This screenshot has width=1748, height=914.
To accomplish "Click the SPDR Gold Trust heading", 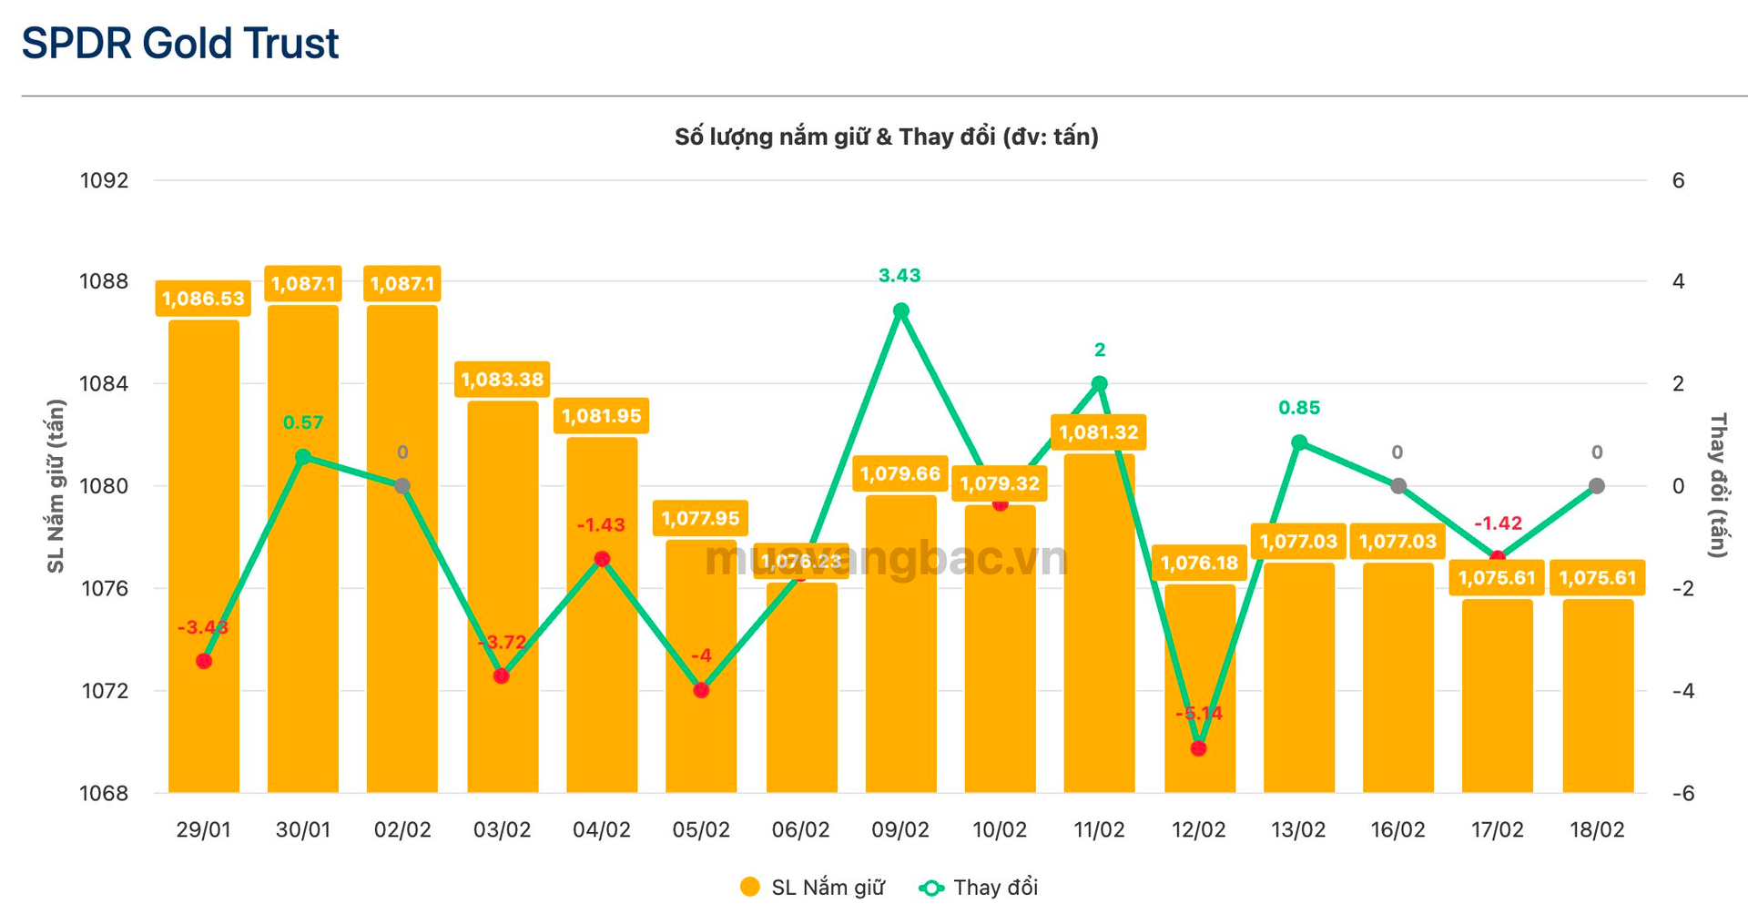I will (x=180, y=44).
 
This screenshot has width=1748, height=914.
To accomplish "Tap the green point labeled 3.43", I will (x=900, y=311).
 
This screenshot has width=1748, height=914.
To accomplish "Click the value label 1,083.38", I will (x=502, y=380).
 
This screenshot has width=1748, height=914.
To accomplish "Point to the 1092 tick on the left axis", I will (x=105, y=180).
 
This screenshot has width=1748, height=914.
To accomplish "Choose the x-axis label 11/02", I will (x=1099, y=830).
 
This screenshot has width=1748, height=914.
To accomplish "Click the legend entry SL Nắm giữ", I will (x=812, y=888).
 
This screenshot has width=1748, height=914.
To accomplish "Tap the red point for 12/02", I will (x=1199, y=748).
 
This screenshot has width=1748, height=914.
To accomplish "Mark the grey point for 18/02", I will (x=1597, y=486).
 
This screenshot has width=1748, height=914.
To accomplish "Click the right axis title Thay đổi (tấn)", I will (x=1718, y=485).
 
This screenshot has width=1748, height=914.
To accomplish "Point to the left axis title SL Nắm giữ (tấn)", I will (x=56, y=486).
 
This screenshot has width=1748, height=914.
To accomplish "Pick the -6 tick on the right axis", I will (x=1683, y=793).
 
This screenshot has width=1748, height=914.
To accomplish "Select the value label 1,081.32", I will (x=1099, y=432).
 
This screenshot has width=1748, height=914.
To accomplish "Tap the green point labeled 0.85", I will (x=1299, y=443).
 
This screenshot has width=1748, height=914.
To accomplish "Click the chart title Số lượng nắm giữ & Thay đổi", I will (x=886, y=137).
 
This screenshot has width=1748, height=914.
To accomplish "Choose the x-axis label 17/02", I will (x=1497, y=830).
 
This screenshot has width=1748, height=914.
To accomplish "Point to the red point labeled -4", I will (x=701, y=690).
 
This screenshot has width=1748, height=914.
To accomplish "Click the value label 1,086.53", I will (x=203, y=299).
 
